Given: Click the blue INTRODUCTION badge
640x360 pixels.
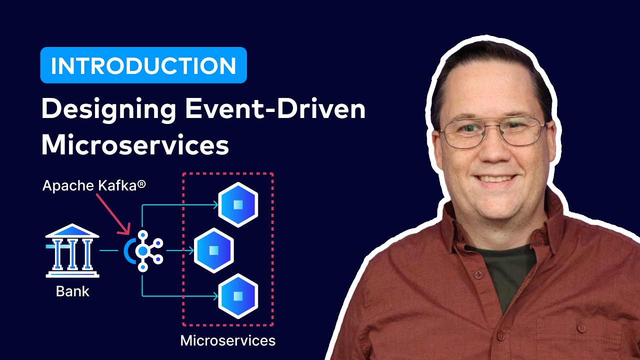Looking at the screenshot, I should click(143, 65).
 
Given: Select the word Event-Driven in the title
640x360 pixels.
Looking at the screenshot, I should click(275, 109).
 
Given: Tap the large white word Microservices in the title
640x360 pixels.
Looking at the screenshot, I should click(135, 145).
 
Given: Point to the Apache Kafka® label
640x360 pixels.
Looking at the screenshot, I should click(94, 185).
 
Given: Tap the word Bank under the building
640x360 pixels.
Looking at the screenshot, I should click(72, 291).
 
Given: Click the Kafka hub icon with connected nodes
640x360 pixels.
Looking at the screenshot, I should click(144, 250).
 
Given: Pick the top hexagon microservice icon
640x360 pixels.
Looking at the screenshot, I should click(238, 204).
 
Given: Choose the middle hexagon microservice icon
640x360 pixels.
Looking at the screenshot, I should click(214, 250).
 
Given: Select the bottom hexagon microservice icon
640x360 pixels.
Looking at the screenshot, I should click(238, 296).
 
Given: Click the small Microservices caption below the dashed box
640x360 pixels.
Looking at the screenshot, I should click(227, 341).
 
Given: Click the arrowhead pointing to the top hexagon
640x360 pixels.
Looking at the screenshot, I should click(215, 204).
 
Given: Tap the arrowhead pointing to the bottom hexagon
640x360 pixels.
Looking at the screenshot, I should click(215, 296).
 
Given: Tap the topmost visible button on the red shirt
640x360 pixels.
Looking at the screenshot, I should click(478, 274).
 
